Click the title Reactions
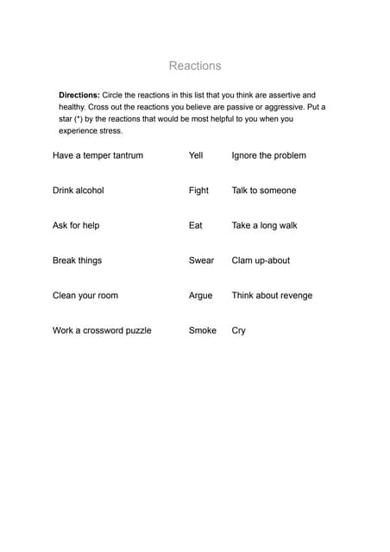194,66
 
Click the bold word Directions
79,95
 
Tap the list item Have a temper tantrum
97,155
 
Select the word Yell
195,155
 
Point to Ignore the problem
268,155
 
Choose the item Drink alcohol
78,191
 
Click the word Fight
198,191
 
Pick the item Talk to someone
263,191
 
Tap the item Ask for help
76,225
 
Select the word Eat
195,225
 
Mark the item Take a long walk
264,225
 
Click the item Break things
77,260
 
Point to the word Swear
201,260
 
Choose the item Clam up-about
261,260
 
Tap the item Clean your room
85,295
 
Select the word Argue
200,295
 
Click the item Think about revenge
272,295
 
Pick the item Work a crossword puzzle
102,330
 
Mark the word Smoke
202,330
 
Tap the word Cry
238,330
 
